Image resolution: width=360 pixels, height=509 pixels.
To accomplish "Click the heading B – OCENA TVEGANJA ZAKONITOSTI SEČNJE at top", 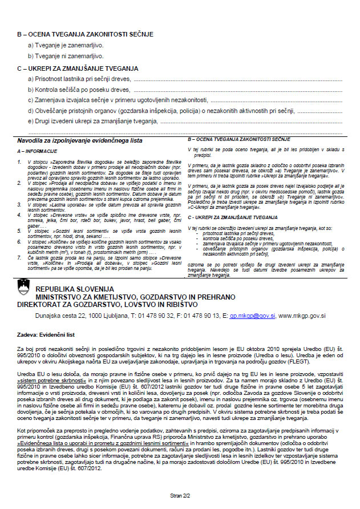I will pyautogui.click(x=85, y=34).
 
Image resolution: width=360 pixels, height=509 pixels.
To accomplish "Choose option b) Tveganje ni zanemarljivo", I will pyautogui.click(x=66, y=56).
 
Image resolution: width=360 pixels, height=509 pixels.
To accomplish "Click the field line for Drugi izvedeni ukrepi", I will pyautogui.click(x=251, y=122).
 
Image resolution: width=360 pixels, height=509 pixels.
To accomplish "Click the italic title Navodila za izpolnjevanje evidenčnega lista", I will pyautogui.click(x=80, y=140).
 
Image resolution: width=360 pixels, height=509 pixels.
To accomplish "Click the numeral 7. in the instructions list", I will pyautogui.click(x=21, y=257).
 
